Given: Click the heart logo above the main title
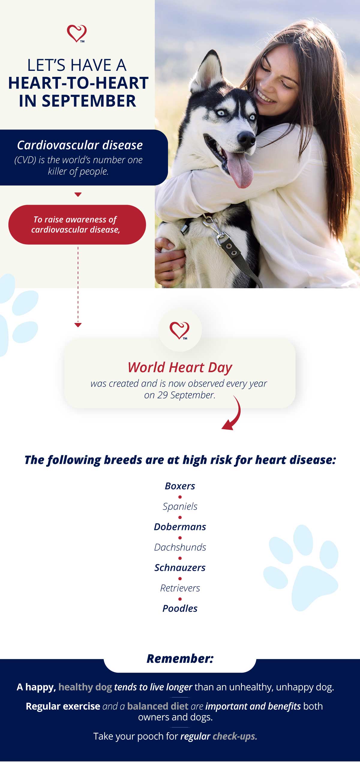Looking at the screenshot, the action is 77,33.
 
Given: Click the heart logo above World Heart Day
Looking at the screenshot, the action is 179,330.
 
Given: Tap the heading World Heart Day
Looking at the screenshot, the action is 180,368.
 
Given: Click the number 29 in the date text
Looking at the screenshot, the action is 162,395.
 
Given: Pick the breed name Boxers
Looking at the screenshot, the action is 180,486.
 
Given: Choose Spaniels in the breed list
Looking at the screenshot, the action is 180,507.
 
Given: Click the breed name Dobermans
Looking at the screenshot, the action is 180,527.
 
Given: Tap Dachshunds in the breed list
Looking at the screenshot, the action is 180,547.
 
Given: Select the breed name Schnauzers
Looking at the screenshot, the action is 180,568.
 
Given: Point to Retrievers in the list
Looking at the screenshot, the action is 180,588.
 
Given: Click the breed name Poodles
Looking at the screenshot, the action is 180,608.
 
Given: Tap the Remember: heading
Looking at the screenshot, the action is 180,659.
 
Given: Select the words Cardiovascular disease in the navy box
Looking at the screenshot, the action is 80,145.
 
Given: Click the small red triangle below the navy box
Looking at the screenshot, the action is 78,195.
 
